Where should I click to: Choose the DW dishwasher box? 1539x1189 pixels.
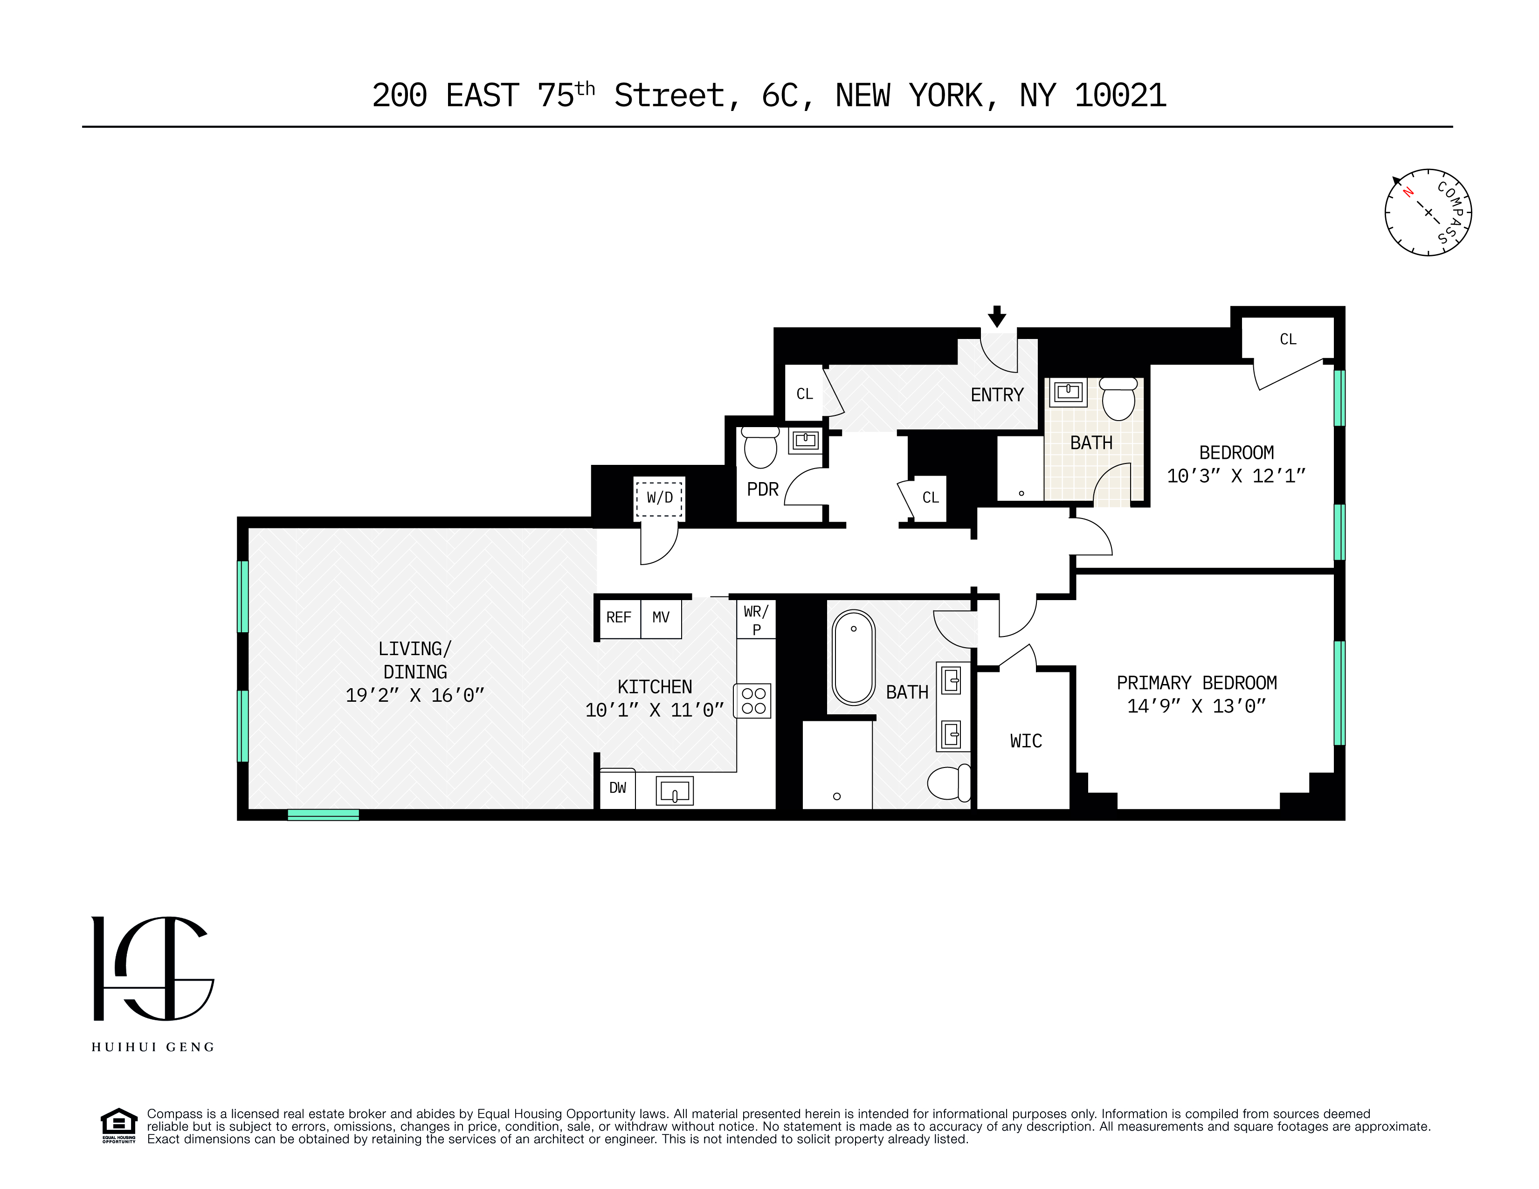point(617,788)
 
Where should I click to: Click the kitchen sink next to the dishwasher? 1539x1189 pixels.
point(674,791)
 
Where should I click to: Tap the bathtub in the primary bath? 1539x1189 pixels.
point(853,657)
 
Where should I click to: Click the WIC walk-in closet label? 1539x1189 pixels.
point(1025,741)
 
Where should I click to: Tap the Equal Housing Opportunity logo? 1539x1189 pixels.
point(118,1126)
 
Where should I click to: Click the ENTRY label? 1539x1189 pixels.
point(996,395)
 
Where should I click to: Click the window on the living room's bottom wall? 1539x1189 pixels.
point(324,815)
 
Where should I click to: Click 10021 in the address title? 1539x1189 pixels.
point(1120,96)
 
